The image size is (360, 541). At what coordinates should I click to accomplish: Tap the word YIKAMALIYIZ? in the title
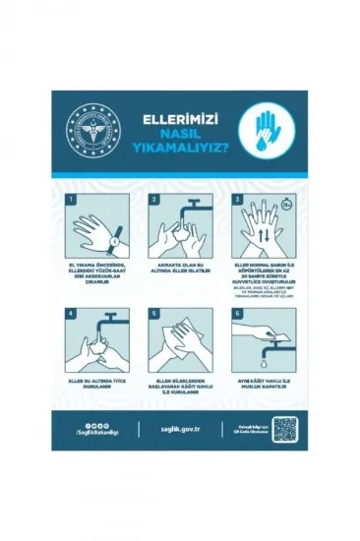coord(176,151)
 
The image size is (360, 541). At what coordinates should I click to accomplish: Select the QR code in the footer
coord(284,429)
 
